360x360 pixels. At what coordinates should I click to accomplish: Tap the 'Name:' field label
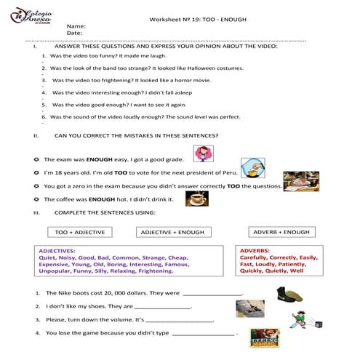tap(76, 25)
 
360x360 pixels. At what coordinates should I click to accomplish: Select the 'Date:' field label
tap(73, 33)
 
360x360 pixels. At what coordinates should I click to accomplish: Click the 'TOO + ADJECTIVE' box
tap(80, 232)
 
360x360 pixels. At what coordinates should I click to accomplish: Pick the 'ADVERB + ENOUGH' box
tap(281, 232)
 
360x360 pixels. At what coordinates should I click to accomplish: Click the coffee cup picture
tap(196, 199)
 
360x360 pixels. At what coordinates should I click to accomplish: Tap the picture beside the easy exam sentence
tap(203, 153)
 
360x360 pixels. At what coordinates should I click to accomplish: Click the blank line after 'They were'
tap(212, 295)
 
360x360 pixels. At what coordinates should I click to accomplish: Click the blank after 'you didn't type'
tap(205, 334)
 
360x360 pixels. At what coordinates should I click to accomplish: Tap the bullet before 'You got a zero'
tap(36, 185)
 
